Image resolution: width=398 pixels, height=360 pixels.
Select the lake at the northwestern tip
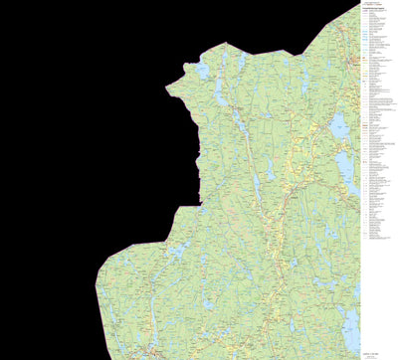pos(202,72)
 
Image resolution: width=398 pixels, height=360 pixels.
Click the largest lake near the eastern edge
pos(341,124)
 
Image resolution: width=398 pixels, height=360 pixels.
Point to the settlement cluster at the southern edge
pos(149,350)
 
